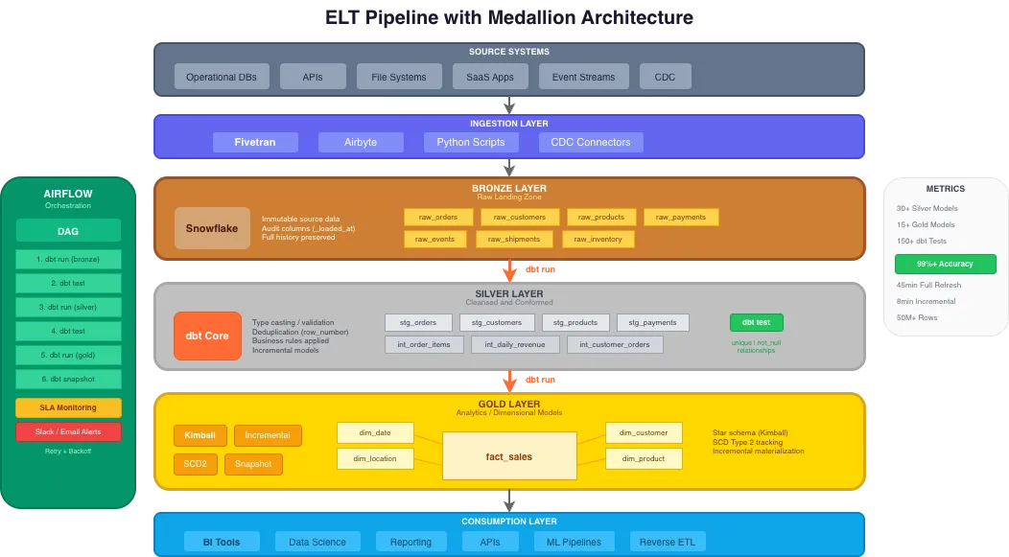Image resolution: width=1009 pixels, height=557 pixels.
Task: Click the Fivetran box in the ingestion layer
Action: click(x=255, y=142)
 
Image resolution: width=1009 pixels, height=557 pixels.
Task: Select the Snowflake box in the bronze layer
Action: click(x=212, y=228)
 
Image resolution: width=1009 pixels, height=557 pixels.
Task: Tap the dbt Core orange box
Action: click(x=207, y=336)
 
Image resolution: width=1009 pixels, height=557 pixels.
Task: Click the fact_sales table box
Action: click(x=508, y=456)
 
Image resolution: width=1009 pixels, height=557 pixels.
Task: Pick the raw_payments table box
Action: click(x=681, y=217)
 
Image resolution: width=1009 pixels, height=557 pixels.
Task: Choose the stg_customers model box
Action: click(x=497, y=322)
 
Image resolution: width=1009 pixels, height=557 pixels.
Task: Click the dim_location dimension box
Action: click(x=376, y=458)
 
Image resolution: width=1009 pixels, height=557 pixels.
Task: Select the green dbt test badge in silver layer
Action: click(x=757, y=322)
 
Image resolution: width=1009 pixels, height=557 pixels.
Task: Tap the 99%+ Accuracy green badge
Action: click(x=945, y=264)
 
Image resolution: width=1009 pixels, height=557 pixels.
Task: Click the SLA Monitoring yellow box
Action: click(x=68, y=407)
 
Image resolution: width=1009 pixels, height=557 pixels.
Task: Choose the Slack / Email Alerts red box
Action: click(x=68, y=431)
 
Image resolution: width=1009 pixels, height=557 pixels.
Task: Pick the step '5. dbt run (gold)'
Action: click(x=68, y=355)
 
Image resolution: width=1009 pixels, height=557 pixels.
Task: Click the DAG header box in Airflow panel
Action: click(x=68, y=230)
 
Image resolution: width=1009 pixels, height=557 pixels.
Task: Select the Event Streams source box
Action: click(x=583, y=77)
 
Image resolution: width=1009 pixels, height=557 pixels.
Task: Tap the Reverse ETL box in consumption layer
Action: click(x=668, y=542)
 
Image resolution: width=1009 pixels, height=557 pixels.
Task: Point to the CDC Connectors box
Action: click(x=591, y=142)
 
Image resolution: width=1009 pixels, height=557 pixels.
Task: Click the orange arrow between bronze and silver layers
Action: click(x=510, y=269)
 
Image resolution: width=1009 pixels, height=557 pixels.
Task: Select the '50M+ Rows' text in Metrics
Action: click(x=917, y=317)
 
